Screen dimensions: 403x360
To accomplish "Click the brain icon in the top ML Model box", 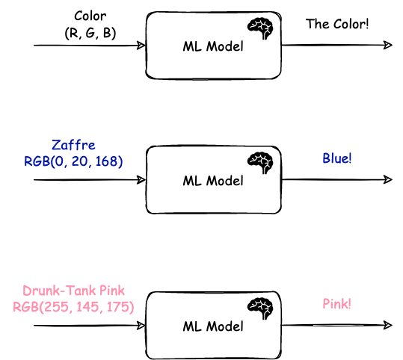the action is click(x=260, y=28).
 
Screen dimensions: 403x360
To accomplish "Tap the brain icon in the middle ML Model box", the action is click(x=260, y=163).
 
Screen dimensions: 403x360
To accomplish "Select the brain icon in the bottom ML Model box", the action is click(x=260, y=308).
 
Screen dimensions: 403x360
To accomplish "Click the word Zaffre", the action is click(x=73, y=145).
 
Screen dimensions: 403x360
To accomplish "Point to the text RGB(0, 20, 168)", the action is click(x=73, y=161).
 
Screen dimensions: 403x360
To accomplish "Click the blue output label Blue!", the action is click(x=337, y=158).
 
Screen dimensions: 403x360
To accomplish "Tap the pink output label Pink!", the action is click(x=336, y=304).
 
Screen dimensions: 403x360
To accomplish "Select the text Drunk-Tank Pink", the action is click(x=74, y=291).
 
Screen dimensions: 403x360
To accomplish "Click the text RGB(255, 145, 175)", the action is click(x=73, y=307).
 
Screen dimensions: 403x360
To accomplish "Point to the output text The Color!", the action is click(x=337, y=24).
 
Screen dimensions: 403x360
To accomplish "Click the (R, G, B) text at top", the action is click(x=90, y=33).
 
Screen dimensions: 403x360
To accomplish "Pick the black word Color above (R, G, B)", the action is click(x=90, y=16).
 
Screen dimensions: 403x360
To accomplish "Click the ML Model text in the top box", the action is click(x=213, y=47).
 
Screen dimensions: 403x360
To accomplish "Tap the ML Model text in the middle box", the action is click(x=213, y=181).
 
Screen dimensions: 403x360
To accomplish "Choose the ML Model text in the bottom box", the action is click(x=213, y=326).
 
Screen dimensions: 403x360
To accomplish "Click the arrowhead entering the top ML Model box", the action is click(x=141, y=46).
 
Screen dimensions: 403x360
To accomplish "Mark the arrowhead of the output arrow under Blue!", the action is click(x=388, y=179).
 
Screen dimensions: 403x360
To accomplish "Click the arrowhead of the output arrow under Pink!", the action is click(x=388, y=325).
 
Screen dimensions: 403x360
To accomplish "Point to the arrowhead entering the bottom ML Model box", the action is click(x=141, y=326).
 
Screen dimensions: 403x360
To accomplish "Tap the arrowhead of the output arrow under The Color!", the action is click(x=388, y=45).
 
